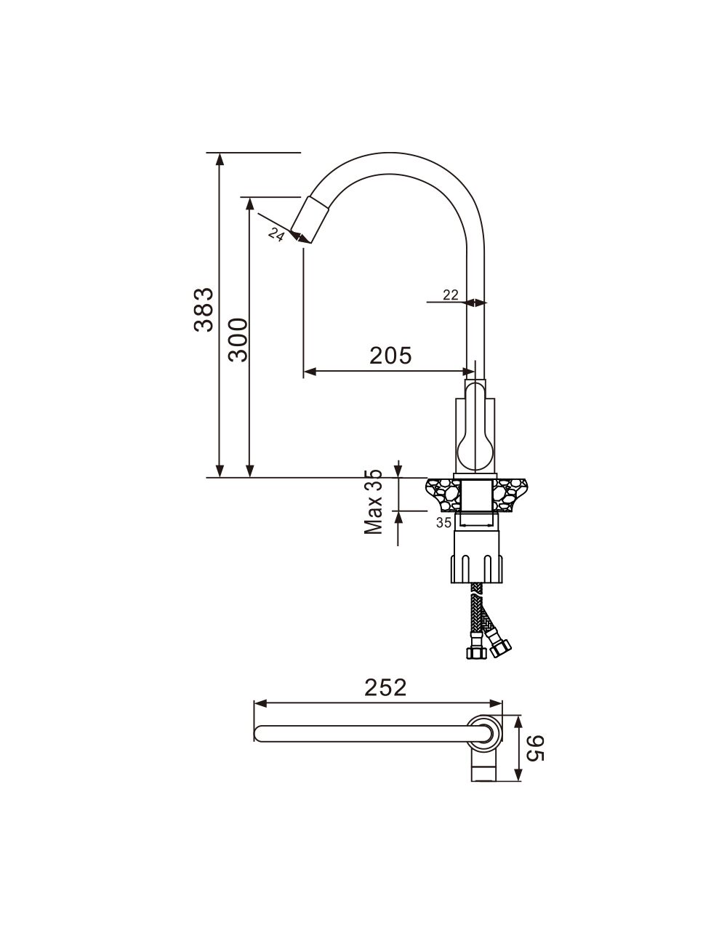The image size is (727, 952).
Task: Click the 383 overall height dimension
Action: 204,310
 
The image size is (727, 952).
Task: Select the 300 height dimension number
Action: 238,340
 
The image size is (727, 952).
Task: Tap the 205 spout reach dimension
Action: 390,356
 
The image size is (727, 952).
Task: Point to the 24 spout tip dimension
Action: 276,235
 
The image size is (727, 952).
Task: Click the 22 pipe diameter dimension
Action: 451,295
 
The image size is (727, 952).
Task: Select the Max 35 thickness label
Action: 373,502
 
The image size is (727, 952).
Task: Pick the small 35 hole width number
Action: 443,523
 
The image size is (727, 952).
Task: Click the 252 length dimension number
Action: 385,687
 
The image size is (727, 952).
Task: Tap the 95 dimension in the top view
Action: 535,748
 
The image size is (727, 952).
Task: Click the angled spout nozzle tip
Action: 311,220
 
